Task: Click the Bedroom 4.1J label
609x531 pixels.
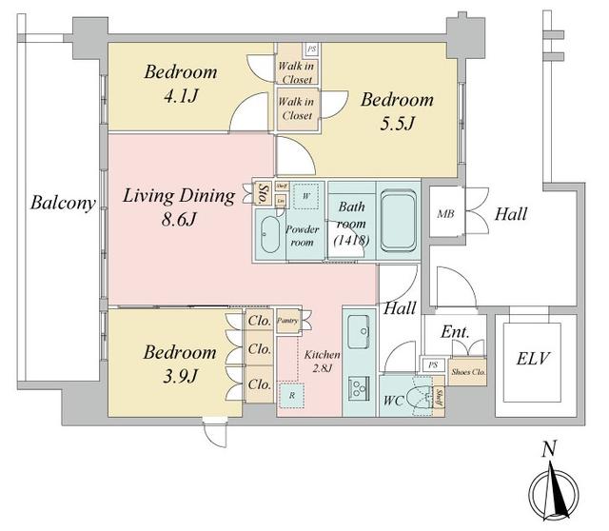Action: coord(181,83)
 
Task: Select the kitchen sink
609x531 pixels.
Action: coord(360,336)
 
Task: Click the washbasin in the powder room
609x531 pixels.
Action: coord(267,234)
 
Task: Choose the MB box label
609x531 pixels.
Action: coord(445,215)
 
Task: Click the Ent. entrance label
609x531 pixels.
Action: coord(453,333)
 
